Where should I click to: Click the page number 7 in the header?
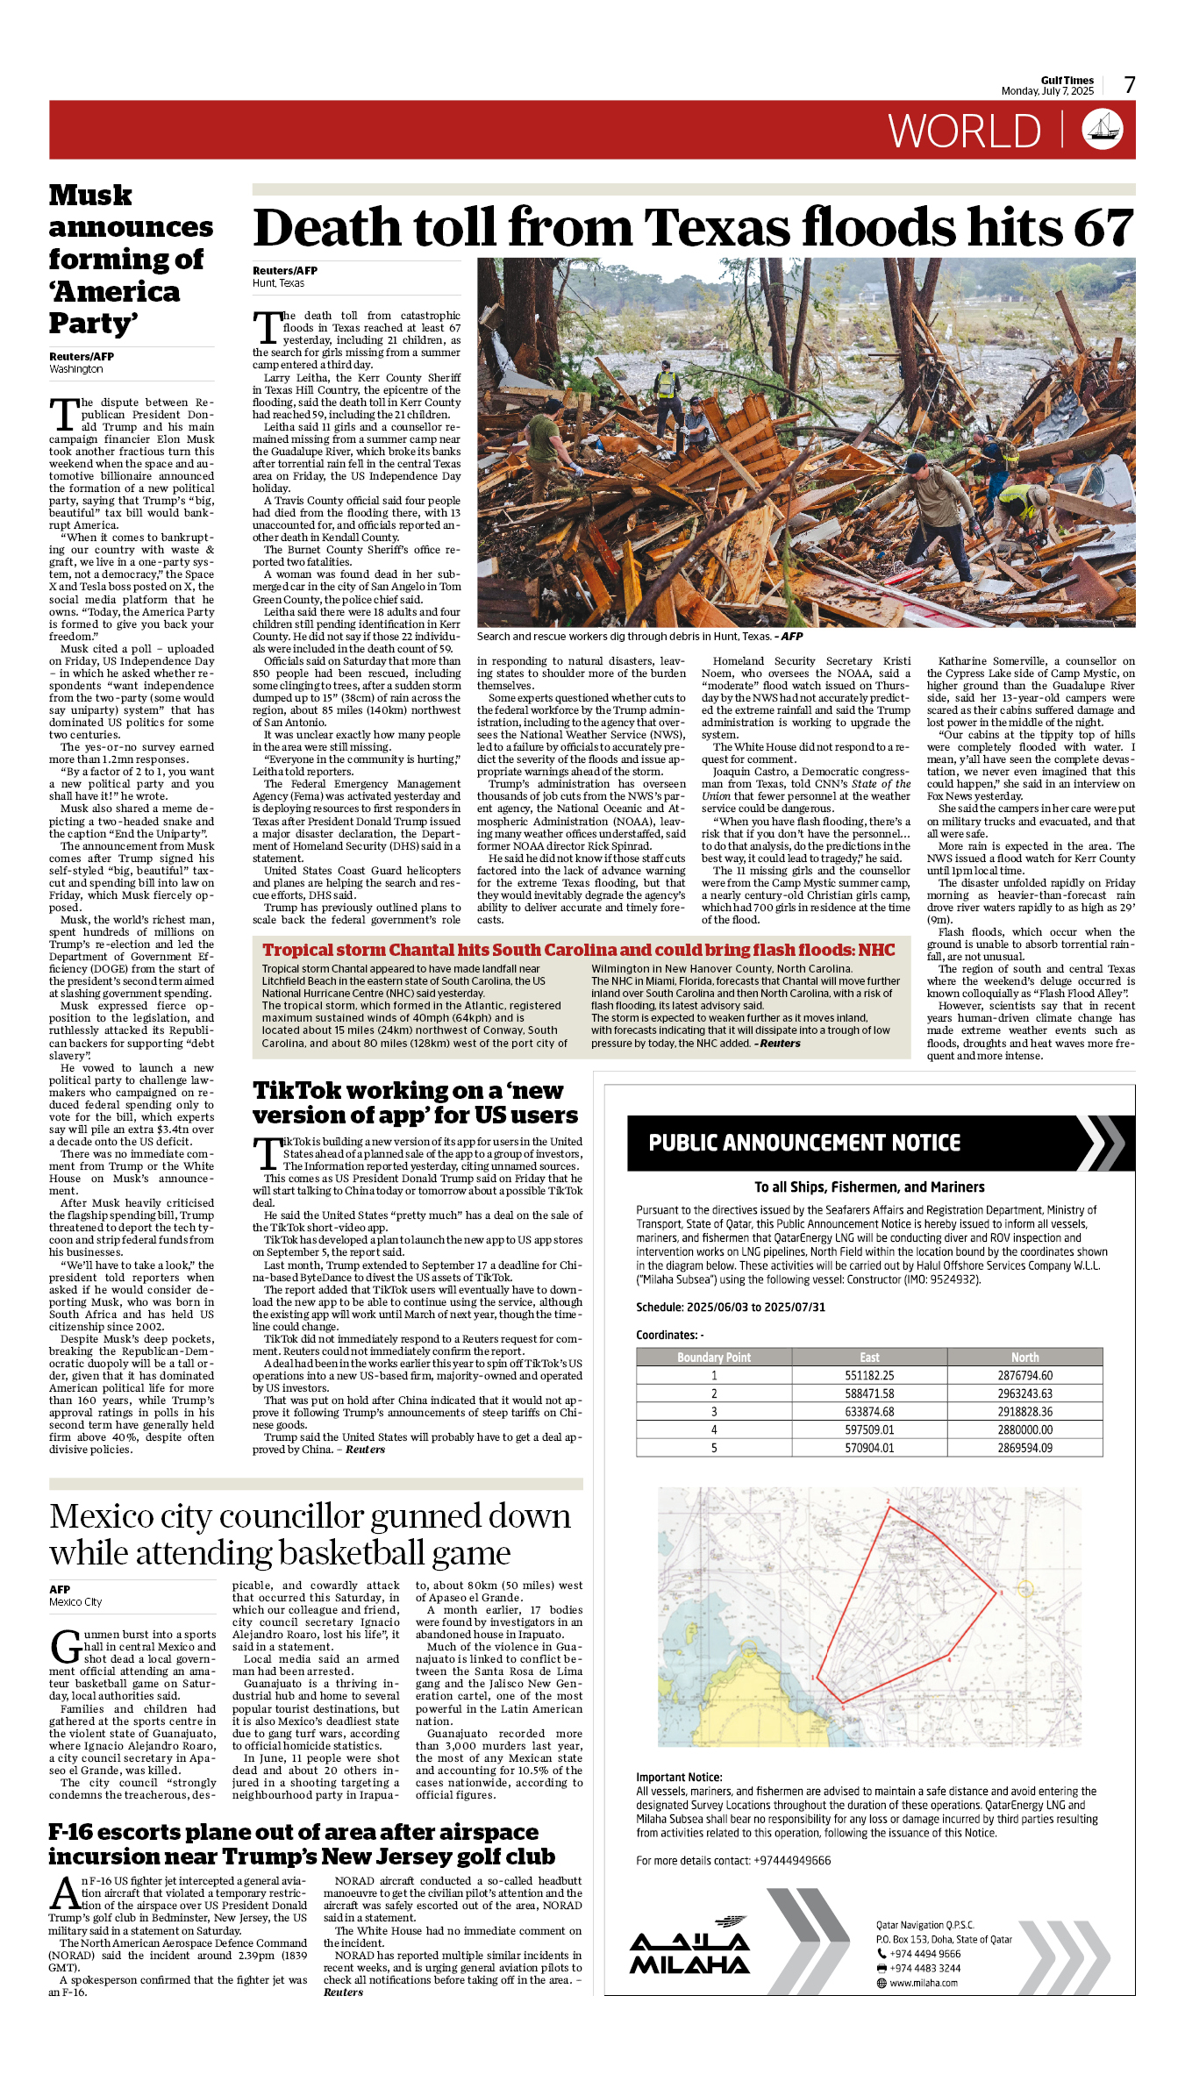point(1130,85)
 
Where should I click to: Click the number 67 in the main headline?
point(1104,228)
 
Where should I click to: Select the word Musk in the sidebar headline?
point(90,195)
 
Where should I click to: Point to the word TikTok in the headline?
point(295,1090)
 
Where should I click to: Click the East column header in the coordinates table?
point(869,1357)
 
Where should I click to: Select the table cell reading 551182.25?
point(869,1376)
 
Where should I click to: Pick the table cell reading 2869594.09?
point(1024,1448)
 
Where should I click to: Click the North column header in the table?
point(1024,1357)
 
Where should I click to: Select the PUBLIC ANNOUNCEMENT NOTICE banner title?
point(804,1143)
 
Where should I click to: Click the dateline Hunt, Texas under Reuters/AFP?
point(279,283)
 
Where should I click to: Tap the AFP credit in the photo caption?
point(791,637)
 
